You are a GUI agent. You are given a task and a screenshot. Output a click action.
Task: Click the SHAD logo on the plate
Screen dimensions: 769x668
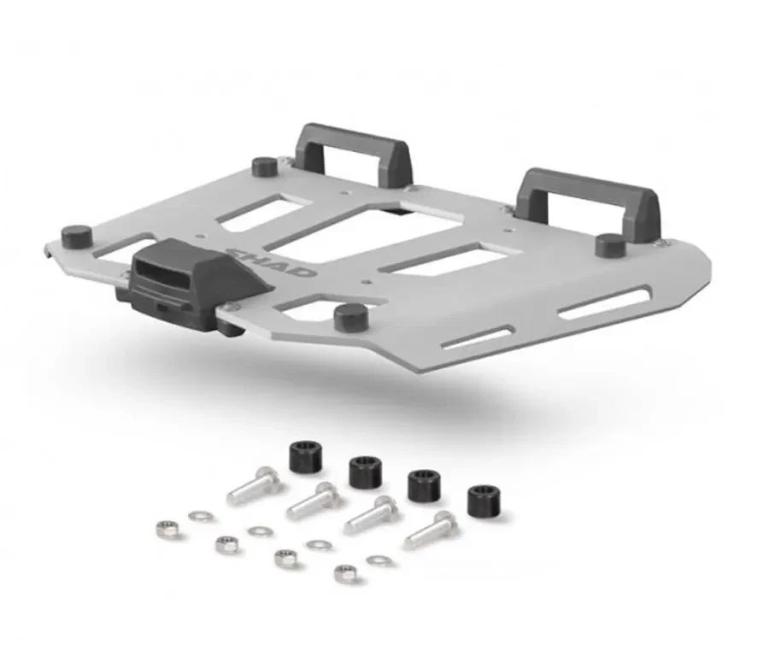point(271,262)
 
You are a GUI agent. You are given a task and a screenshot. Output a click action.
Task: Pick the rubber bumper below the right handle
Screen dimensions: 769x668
point(608,245)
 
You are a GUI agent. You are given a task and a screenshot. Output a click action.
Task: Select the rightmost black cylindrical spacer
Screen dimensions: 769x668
point(484,501)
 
